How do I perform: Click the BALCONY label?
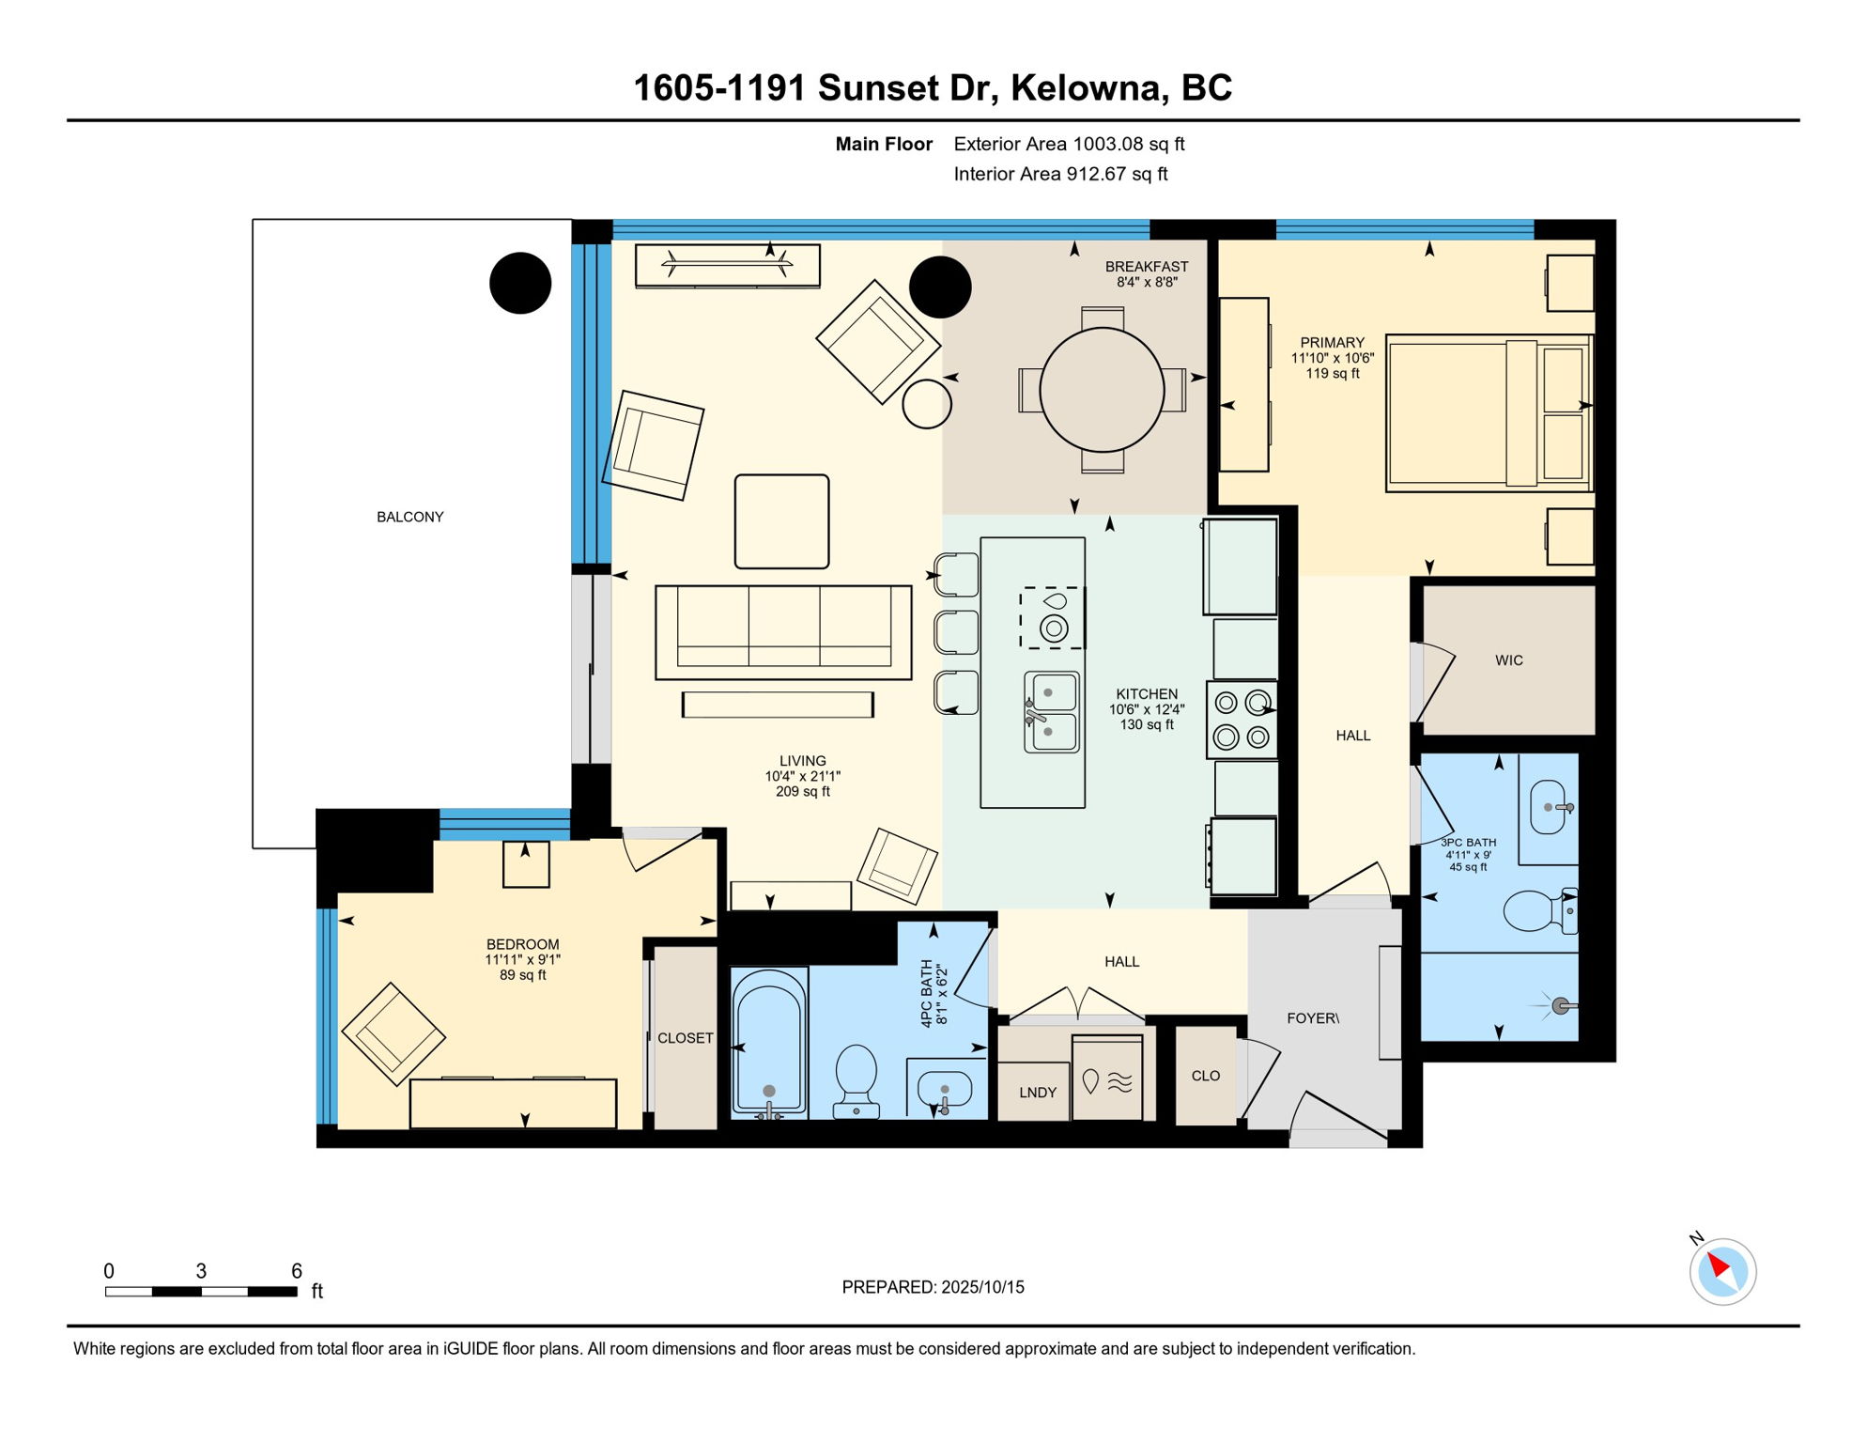409,518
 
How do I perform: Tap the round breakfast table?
1103,390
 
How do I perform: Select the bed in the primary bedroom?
1489,413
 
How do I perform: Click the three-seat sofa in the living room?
783,632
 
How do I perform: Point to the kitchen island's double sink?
1052,712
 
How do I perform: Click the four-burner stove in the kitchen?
1242,720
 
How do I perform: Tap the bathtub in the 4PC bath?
769,1044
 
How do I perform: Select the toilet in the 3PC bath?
1540,910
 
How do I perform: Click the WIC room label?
1509,660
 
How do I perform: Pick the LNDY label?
1038,1093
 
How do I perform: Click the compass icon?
1722,1272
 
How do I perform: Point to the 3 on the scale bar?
201,1271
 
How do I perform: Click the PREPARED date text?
933,1287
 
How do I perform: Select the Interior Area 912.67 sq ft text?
1060,174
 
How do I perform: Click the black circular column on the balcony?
520,283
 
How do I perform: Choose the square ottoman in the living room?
781,521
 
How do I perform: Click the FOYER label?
1312,1018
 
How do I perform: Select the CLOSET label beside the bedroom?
686,1038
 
